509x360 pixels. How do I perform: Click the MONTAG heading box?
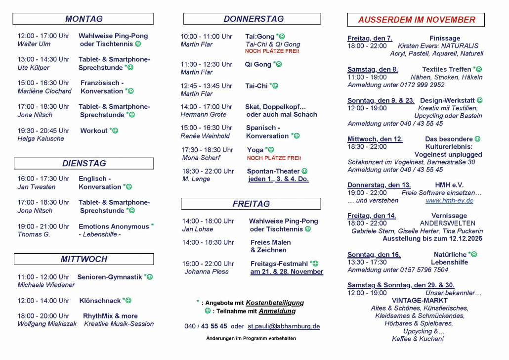pyautogui.click(x=84, y=19)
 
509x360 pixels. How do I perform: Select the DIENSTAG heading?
pyautogui.click(x=84, y=163)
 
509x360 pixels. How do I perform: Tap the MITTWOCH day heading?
pyautogui.click(x=84, y=259)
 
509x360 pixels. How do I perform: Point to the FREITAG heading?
pyautogui.click(x=251, y=204)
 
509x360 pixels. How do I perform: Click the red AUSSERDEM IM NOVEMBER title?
pyautogui.click(x=416, y=20)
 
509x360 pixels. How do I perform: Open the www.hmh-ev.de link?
pyautogui.click(x=449, y=200)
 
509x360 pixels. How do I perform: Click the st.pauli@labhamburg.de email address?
pyautogui.click(x=284, y=326)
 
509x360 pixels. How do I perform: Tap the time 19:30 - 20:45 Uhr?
pyautogui.click(x=43, y=131)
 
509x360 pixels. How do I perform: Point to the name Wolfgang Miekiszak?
pyautogui.click(x=47, y=324)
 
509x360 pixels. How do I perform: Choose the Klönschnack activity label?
pyautogui.click(x=100, y=301)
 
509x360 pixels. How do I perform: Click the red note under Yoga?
pyautogui.click(x=274, y=158)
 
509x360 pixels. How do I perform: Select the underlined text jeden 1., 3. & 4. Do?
pyautogui.click(x=278, y=179)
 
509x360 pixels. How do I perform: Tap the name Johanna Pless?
pyautogui.click(x=207, y=271)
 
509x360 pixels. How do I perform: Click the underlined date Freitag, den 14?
pyautogui.click(x=372, y=216)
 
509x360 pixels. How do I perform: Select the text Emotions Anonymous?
pyautogui.click(x=114, y=226)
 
